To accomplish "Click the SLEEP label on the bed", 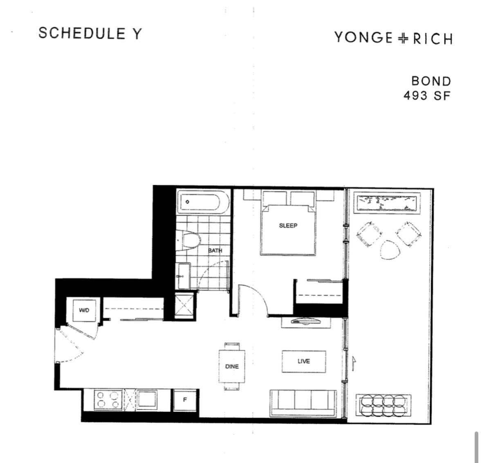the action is point(288,226).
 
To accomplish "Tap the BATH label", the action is point(215,251).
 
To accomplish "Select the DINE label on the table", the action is point(232,366).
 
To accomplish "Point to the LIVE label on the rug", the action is point(304,361).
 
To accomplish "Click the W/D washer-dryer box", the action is point(84,310).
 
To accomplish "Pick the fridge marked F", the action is point(185,400).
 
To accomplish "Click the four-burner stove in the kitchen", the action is point(108,399).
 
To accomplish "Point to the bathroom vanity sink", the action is point(184,276).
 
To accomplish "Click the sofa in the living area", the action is point(303,403).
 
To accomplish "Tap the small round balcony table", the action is point(390,249).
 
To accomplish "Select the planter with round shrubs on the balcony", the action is point(383,405).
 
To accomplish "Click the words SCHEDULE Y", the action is point(90,33).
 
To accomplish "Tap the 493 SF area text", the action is point(427,96).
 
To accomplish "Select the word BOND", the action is point(431,81).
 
